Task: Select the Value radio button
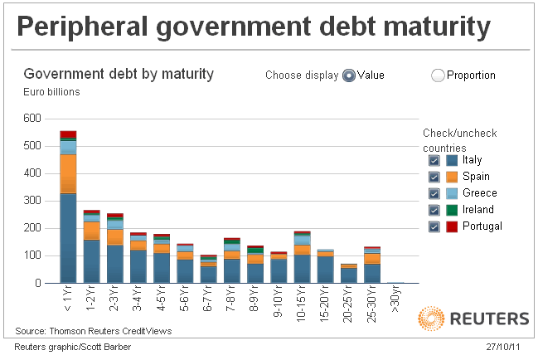[349, 75]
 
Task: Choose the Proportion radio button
[439, 75]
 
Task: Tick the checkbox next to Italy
[434, 160]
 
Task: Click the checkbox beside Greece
[434, 193]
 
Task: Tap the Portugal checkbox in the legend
[434, 226]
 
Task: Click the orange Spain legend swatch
[452, 177]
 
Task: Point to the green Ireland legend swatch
[452, 210]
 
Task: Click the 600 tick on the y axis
[32, 119]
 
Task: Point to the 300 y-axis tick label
[32, 201]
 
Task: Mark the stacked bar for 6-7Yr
[209, 270]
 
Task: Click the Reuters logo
[473, 319]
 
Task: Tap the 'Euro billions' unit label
[51, 92]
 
